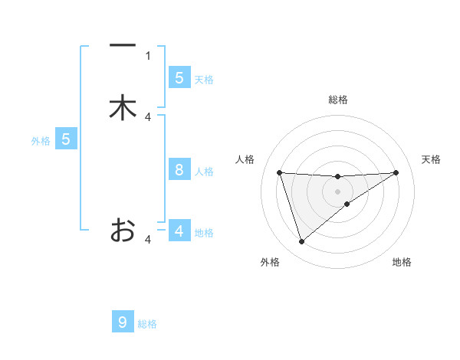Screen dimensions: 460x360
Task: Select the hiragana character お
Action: tap(123, 230)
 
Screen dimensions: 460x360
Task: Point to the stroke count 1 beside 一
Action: tap(148, 55)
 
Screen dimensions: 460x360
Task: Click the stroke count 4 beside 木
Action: tap(148, 116)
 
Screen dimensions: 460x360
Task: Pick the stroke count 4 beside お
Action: tap(148, 240)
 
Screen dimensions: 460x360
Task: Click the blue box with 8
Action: tap(179, 170)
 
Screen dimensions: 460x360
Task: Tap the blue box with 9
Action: tap(123, 322)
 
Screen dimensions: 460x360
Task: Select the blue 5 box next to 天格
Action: tap(179, 77)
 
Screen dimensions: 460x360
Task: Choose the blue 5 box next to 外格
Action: tap(66, 139)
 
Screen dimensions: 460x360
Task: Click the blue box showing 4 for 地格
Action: tap(179, 231)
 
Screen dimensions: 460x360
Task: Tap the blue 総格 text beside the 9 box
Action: tap(147, 324)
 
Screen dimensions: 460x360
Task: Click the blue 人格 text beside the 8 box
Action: tap(204, 172)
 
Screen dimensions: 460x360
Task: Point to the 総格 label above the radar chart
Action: tap(337, 100)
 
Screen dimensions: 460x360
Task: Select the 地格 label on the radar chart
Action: tap(402, 262)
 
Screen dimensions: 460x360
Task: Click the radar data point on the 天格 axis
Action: tap(396, 172)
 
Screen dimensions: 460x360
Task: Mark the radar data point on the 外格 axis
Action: tap(301, 242)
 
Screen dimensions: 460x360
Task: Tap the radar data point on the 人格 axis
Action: tap(279, 172)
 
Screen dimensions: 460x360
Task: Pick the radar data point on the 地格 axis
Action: tap(347, 204)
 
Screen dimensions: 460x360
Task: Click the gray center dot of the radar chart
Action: tap(337, 191)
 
